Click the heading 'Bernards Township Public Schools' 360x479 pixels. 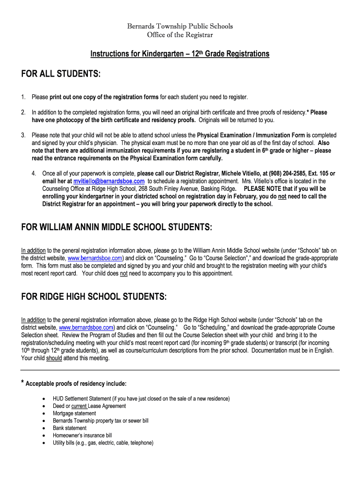[x=180, y=26]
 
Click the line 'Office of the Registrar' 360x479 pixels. [x=180, y=35]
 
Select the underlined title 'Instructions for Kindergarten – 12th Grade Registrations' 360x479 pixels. [x=180, y=54]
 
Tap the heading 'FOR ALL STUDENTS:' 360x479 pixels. [x=61, y=75]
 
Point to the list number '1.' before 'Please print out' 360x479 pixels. [x=23, y=97]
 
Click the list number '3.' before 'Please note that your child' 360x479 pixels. [x=23, y=135]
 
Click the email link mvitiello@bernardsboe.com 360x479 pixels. [x=108, y=181]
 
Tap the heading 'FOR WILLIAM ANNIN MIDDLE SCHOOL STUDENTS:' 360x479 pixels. [x=116, y=227]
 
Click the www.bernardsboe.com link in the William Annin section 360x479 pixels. [x=95, y=258]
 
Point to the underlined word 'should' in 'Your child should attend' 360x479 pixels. [x=54, y=358]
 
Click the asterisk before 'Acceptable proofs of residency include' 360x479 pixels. [x=22, y=383]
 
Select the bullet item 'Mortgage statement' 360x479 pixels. [x=74, y=414]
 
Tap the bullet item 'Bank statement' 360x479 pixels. [x=70, y=428]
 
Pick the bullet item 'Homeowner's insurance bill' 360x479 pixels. [x=82, y=435]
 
